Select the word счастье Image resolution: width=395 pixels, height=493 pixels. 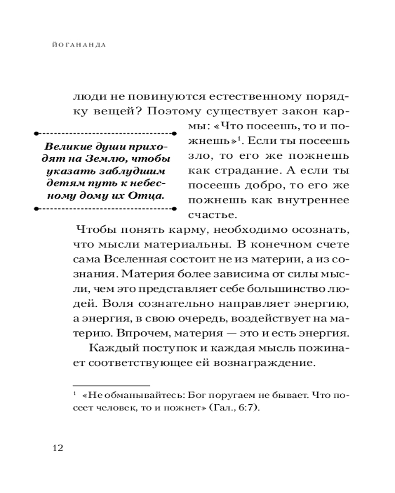point(212,215)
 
